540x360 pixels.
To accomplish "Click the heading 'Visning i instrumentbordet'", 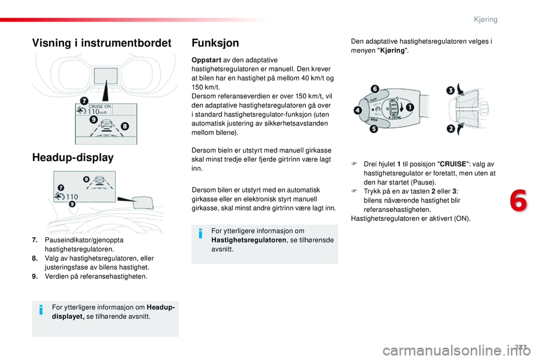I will pos(102,43).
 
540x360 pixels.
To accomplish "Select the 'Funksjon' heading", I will pos(215,43).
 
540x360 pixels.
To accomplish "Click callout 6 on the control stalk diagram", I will pos(375,89).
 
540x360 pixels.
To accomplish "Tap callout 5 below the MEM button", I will pos(374,129).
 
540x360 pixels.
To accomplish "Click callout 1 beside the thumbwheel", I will pos(410,107).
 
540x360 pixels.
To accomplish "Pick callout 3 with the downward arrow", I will pos(451,90).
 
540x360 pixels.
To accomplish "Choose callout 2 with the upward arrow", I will pos(451,129).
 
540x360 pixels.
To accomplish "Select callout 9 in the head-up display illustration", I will pos(72,204).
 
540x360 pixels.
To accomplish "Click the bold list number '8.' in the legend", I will pos(35,258).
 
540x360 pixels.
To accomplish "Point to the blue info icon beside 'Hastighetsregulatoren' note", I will pos(201,235).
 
